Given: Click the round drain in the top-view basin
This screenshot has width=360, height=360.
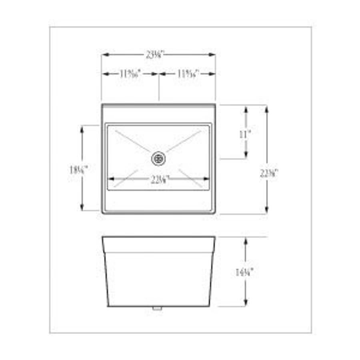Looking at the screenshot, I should click(158, 158).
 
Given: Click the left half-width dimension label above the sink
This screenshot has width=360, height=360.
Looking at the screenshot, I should click(130, 74).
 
